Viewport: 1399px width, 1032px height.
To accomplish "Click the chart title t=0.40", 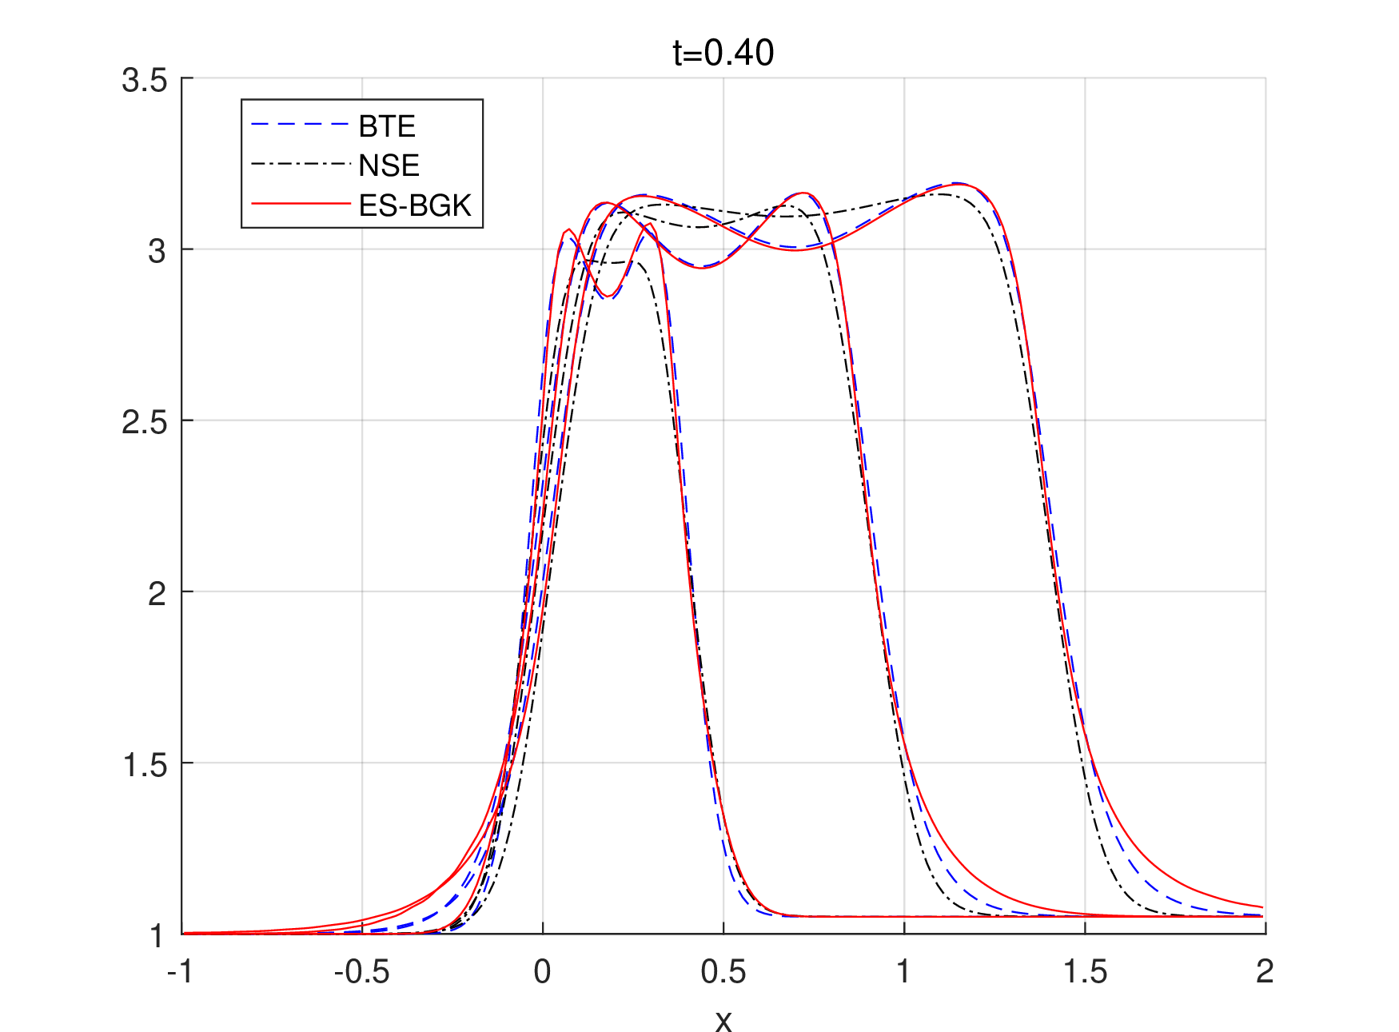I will point(723,53).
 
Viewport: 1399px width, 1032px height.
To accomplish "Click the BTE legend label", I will point(387,126).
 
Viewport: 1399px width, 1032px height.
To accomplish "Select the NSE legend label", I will point(389,165).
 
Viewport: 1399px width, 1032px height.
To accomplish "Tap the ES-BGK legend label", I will point(415,205).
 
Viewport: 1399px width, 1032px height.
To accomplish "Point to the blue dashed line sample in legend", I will point(301,126).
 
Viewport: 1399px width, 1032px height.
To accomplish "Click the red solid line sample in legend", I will point(301,205).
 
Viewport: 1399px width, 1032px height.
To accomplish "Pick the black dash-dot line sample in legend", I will point(301,165).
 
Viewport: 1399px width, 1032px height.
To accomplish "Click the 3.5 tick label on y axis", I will point(145,81).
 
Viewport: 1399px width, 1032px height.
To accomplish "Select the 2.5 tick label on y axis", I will point(145,422).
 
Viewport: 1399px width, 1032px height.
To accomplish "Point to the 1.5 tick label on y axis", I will point(145,765).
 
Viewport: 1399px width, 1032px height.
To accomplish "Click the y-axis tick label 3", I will point(157,251).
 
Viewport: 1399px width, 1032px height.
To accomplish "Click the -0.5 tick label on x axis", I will point(361,972).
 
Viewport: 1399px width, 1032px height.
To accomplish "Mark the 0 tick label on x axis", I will point(543,972).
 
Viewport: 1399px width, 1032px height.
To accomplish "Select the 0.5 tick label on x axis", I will point(723,972).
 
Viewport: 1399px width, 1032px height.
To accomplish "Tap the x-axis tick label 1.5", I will point(1085,972).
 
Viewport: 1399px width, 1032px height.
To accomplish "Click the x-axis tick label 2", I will point(1265,972).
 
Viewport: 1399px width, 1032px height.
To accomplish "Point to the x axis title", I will point(723,1021).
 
